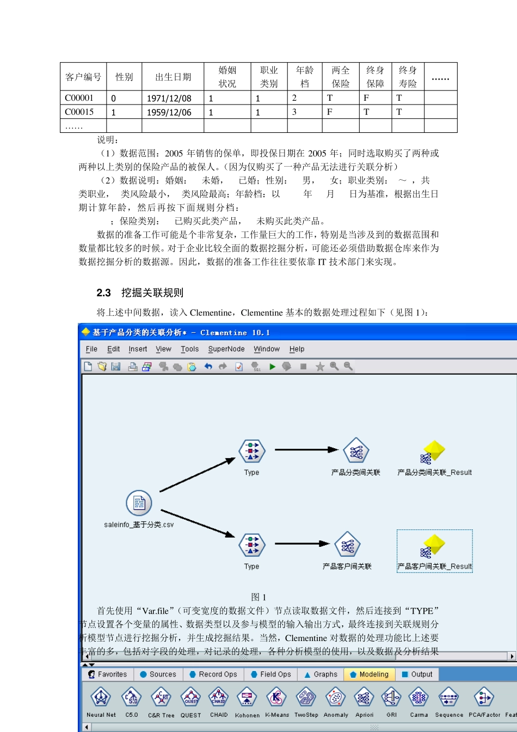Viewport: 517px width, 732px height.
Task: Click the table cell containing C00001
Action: (x=79, y=98)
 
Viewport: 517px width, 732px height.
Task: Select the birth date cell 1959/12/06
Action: (x=169, y=112)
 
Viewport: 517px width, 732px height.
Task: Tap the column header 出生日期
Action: (x=173, y=77)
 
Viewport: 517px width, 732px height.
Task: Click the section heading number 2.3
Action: (x=103, y=293)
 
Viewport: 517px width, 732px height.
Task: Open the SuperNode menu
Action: (x=226, y=349)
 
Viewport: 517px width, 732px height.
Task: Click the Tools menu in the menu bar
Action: (x=190, y=349)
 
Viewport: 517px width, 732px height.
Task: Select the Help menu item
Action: (x=297, y=349)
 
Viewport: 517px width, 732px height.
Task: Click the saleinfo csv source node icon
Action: (x=139, y=503)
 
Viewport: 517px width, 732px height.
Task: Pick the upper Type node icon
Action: (x=251, y=451)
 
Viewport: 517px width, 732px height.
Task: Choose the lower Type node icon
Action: (x=251, y=545)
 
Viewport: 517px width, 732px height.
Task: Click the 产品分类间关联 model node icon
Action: (x=356, y=451)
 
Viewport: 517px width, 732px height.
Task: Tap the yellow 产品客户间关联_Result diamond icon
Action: (x=434, y=545)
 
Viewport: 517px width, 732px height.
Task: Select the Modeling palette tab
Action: (x=370, y=674)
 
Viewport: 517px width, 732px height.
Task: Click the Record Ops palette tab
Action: (x=213, y=674)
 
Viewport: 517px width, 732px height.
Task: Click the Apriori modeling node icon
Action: (x=364, y=698)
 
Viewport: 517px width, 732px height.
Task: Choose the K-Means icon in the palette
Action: (x=277, y=698)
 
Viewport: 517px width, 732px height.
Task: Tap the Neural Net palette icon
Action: (x=101, y=698)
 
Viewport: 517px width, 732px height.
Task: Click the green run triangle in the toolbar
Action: (x=273, y=367)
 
